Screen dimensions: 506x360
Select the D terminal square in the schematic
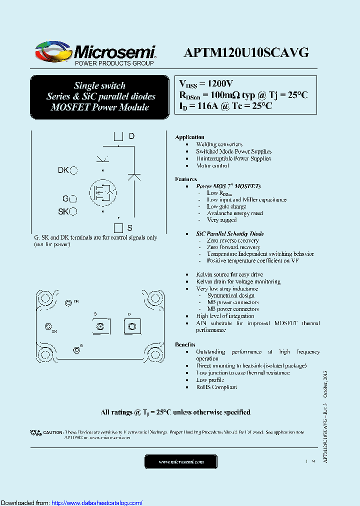(118, 136)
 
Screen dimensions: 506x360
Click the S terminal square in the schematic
(118, 228)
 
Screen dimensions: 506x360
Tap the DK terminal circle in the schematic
(73, 170)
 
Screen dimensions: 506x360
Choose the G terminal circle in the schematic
(73, 199)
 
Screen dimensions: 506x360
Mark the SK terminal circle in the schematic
(73, 211)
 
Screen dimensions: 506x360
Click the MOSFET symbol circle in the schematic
(103, 192)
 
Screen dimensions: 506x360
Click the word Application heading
(189, 137)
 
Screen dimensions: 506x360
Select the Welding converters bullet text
(219, 144)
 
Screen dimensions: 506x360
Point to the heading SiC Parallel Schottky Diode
(230, 233)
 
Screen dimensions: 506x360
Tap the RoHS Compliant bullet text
(216, 387)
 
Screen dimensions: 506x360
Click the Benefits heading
(185, 345)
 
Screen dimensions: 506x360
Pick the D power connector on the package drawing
(131, 327)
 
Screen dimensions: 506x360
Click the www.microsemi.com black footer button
(181, 462)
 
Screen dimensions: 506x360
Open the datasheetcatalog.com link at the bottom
(97, 503)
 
